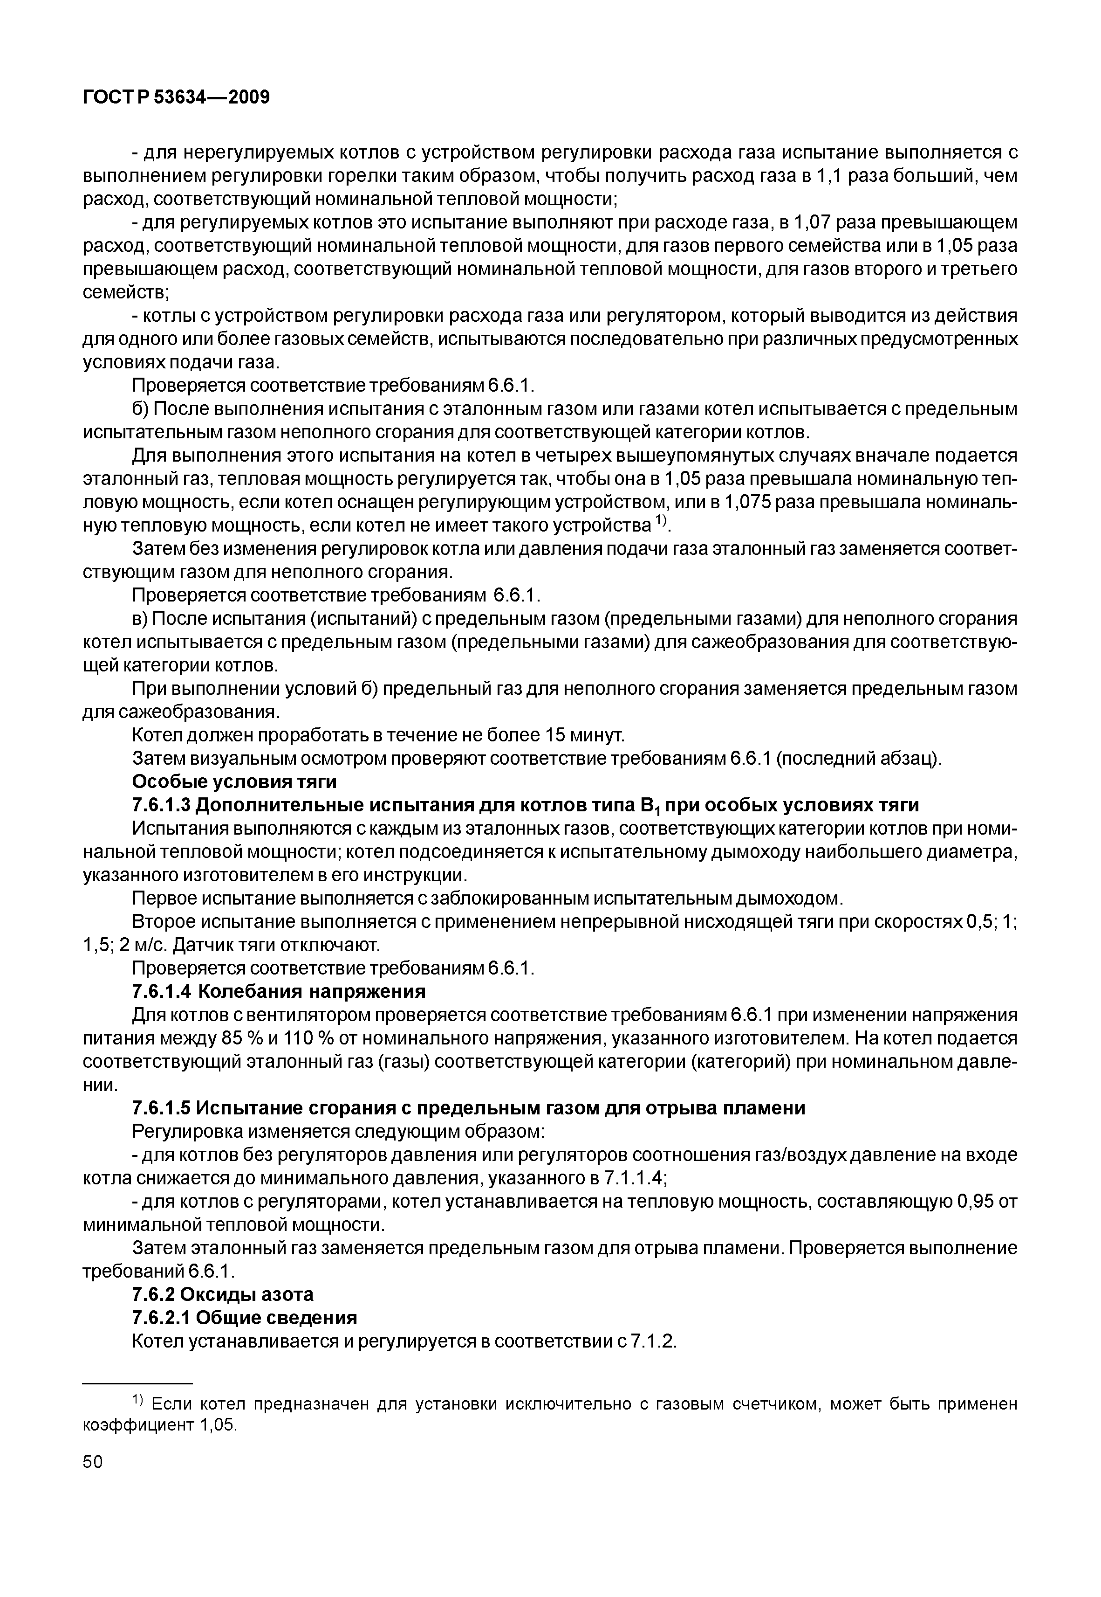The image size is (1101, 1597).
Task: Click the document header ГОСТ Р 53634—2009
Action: [x=176, y=97]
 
